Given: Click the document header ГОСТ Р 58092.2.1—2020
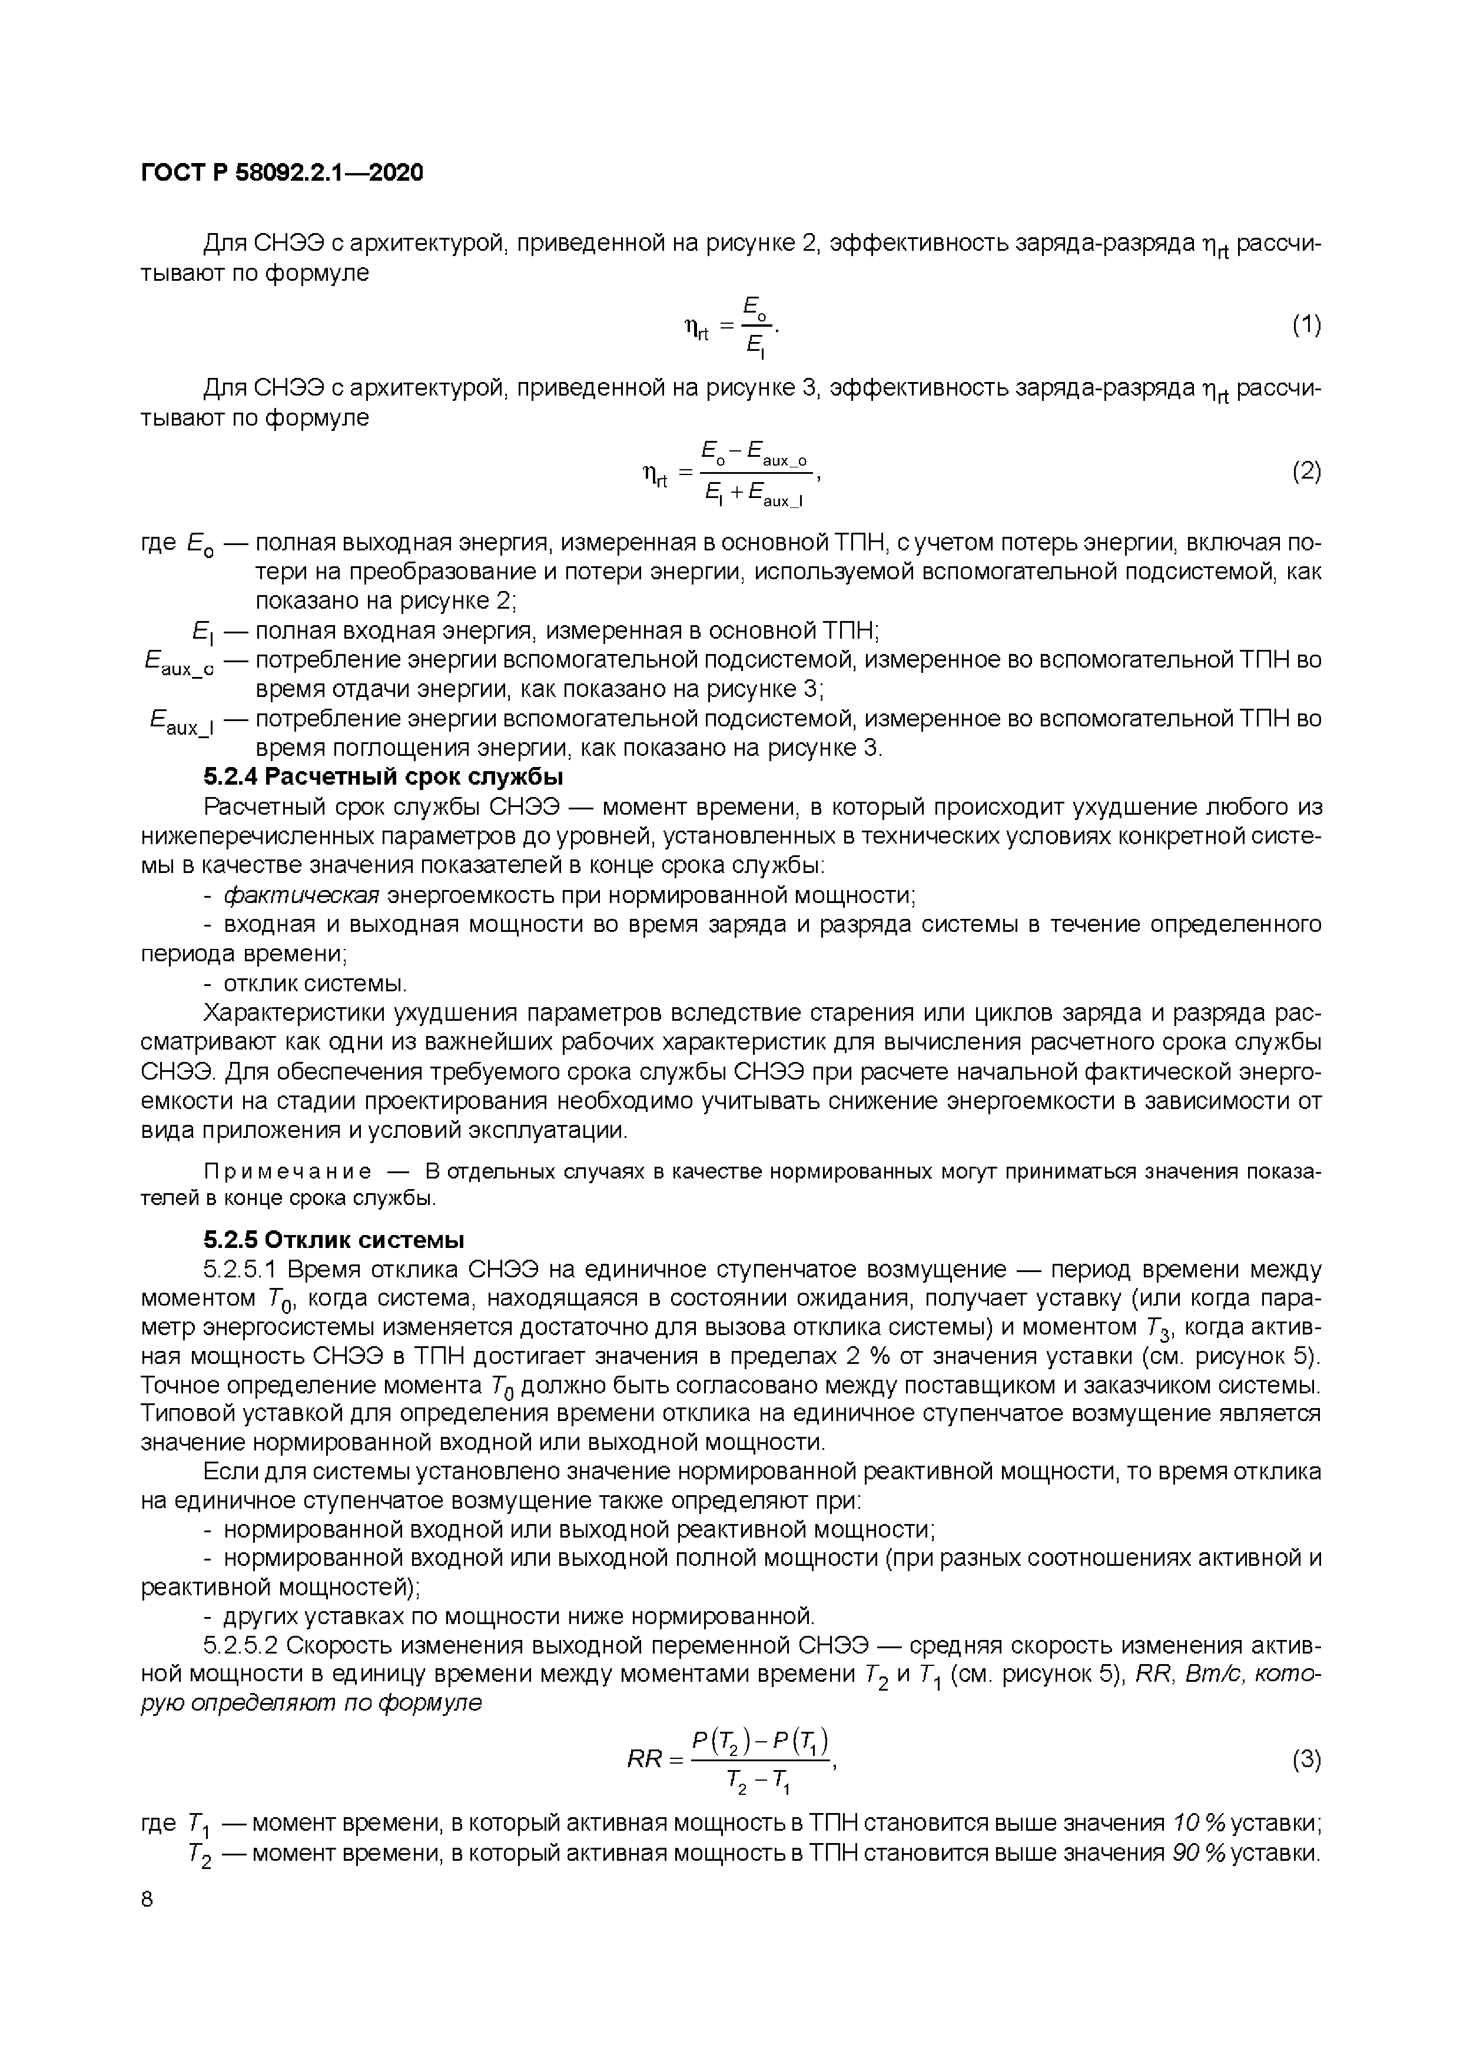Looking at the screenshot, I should point(281,172).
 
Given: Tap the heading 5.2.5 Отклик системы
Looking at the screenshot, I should point(334,1240).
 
